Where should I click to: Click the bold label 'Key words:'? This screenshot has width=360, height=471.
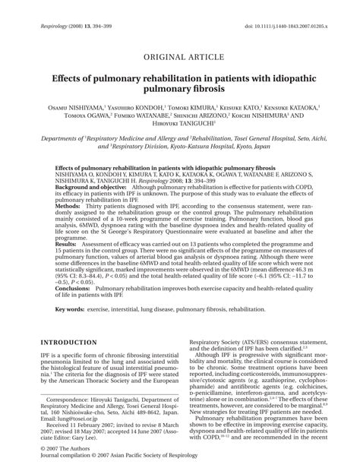(72, 310)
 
